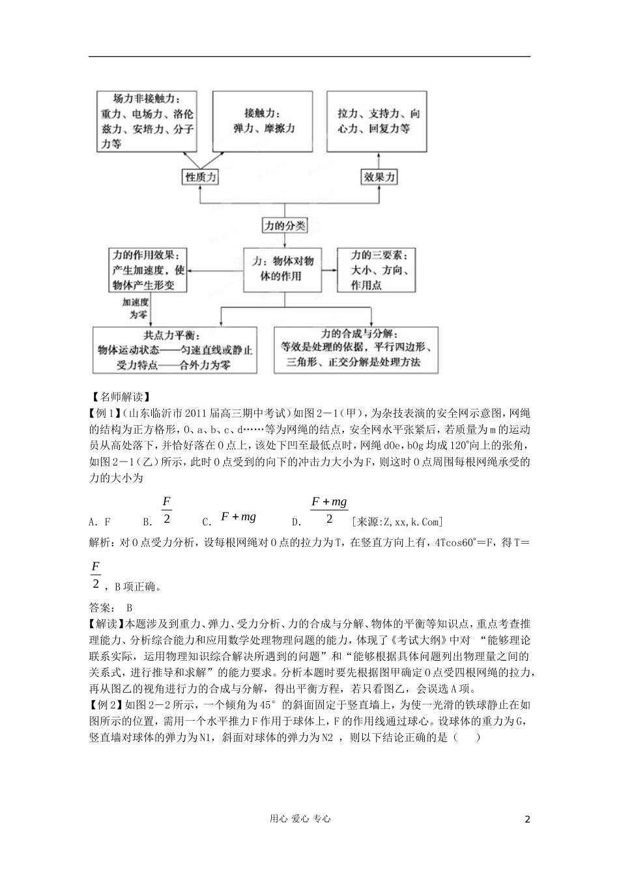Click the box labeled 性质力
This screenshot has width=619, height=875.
point(200,177)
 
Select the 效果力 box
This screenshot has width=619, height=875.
point(379,177)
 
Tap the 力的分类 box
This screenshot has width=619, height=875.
point(284,226)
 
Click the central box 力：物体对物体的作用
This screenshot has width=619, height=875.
point(283,268)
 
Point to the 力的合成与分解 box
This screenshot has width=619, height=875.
point(356,350)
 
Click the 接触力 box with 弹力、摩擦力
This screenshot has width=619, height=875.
point(263,122)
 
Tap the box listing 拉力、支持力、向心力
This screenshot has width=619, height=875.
point(377,122)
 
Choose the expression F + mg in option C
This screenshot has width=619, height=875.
point(238,517)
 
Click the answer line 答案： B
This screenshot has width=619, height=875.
point(110,607)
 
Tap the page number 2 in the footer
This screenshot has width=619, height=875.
point(527,820)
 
